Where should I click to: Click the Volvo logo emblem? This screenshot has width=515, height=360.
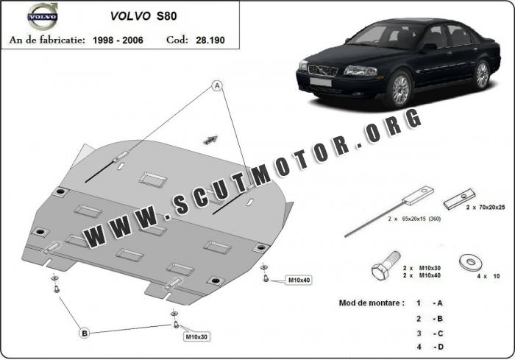point(43,15)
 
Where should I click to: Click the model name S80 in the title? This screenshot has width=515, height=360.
point(166,16)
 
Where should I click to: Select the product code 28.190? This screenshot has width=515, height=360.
point(210,40)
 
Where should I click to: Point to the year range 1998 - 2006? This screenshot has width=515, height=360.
point(118,40)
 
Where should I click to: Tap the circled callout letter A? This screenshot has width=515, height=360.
point(217,86)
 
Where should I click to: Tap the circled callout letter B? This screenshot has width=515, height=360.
point(85,333)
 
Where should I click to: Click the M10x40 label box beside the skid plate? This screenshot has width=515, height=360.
point(299,280)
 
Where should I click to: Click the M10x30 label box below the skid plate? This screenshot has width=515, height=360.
point(196,336)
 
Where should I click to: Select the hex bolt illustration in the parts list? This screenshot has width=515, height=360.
point(386,265)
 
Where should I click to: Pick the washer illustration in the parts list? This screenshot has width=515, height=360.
point(471,262)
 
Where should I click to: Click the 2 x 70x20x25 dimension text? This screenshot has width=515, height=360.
point(486,208)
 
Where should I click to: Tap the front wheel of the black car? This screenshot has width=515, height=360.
point(400,89)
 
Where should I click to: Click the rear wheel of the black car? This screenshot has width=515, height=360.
point(482,75)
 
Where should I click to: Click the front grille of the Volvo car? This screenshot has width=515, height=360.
point(322,70)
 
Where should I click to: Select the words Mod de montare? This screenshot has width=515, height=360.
point(372,303)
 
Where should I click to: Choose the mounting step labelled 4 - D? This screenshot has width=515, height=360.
point(430,347)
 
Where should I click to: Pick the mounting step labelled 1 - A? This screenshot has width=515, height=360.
point(430,303)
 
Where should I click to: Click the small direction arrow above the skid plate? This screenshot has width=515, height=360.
point(210,140)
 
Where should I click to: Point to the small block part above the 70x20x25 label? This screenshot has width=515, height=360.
point(460,200)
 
